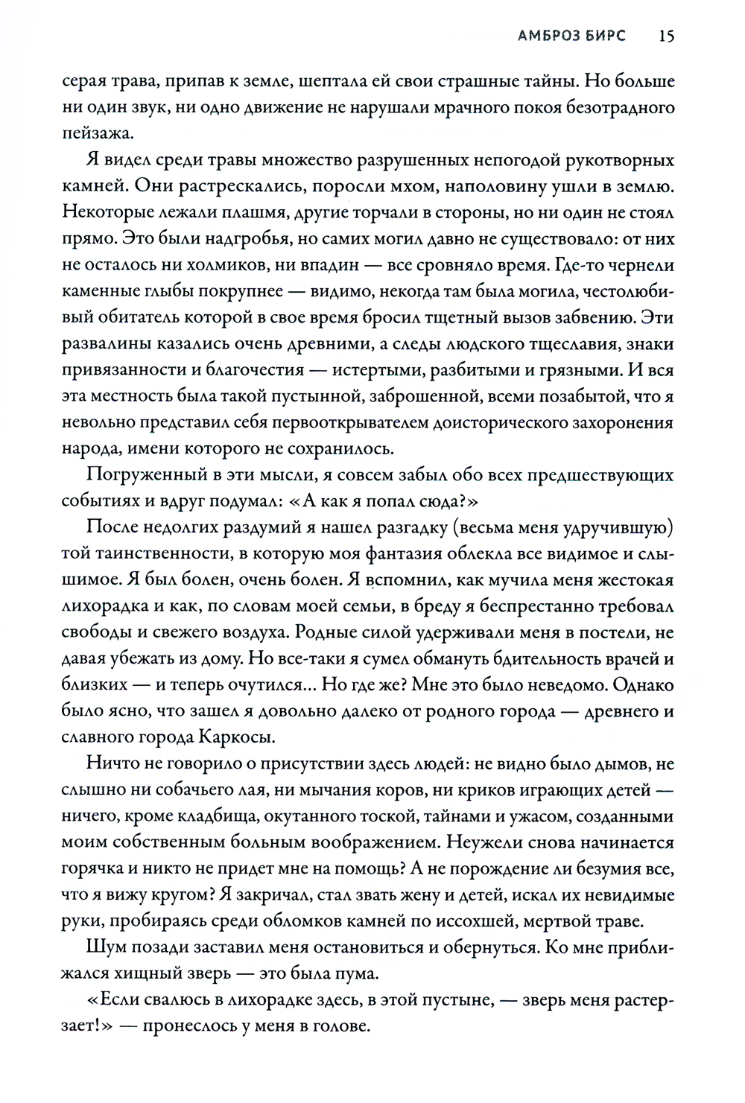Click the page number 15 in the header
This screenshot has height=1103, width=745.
click(x=667, y=35)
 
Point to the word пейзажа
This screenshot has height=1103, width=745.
click(x=97, y=134)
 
